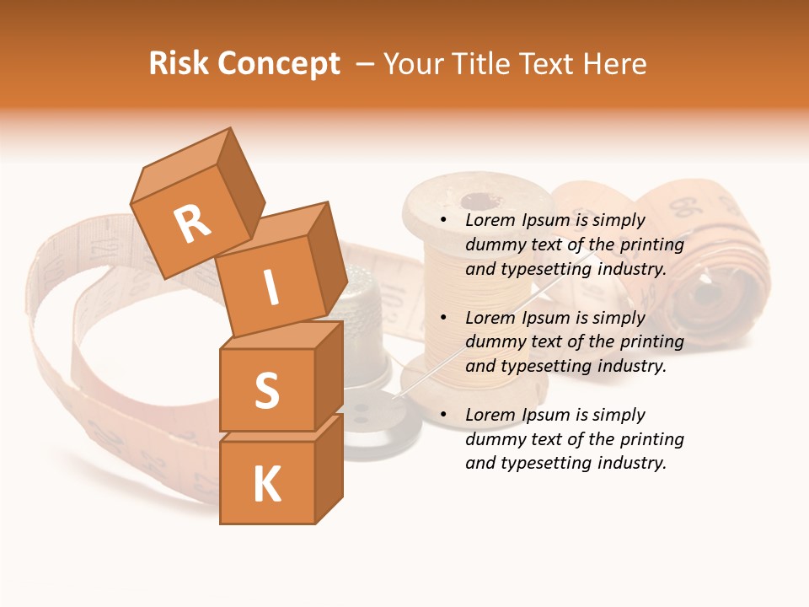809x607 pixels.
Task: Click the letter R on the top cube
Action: coord(193,223)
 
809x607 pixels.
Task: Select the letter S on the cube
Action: coord(266,390)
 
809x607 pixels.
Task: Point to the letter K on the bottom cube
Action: coord(266,484)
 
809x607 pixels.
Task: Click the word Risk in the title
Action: coord(179,63)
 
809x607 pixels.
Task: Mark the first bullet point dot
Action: coord(444,221)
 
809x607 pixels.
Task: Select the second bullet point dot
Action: coord(444,318)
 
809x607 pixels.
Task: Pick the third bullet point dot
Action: coord(444,415)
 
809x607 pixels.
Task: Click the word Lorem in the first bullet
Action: coord(490,221)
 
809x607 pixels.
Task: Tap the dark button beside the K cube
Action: coord(379,426)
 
